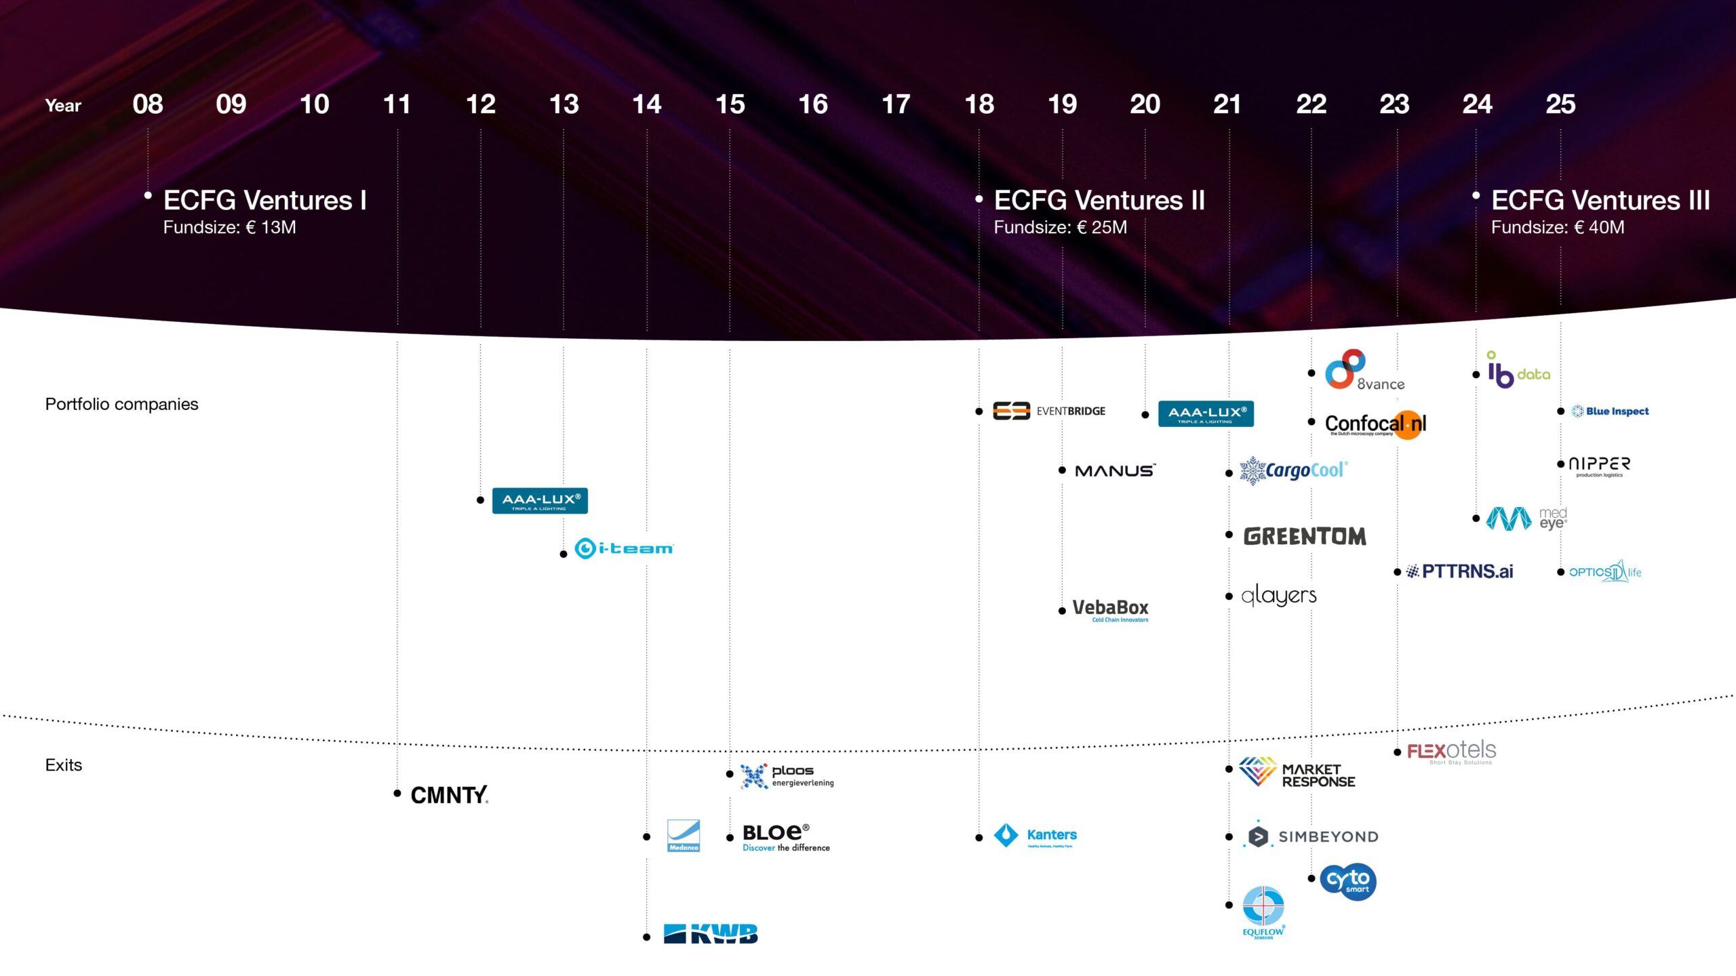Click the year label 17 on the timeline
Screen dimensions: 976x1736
[x=896, y=104]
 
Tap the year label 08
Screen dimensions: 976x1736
[x=148, y=104]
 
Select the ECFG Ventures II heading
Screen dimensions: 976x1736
[x=1099, y=200]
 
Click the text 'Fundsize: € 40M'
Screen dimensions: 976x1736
[x=1558, y=227]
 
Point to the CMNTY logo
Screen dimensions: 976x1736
[x=449, y=794]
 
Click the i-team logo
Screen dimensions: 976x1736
[x=624, y=548]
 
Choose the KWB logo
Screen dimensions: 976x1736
[x=711, y=934]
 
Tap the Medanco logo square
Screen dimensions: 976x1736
[x=684, y=836]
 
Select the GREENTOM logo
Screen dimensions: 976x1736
[x=1305, y=536]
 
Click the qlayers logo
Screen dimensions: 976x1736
[x=1279, y=596]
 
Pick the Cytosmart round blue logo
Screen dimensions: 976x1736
[x=1348, y=881]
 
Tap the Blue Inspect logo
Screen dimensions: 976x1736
[x=1611, y=411]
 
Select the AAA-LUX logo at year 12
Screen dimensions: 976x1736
[x=540, y=501]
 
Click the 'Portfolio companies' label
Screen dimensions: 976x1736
[x=122, y=404]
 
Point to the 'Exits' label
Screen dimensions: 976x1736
[x=64, y=765]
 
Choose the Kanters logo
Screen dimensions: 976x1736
[x=1035, y=836]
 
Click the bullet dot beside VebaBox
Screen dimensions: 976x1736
[x=1062, y=611]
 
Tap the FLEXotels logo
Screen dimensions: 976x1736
[x=1451, y=751]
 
